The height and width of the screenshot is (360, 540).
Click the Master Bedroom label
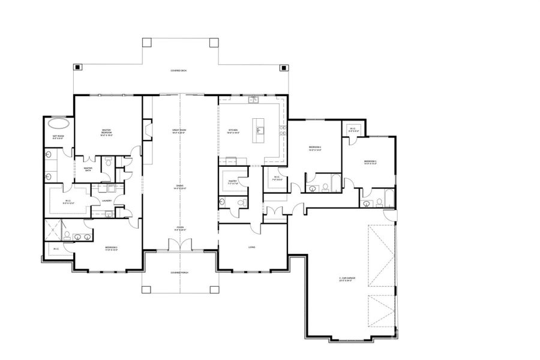click(x=107, y=131)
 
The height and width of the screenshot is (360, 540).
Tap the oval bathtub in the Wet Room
click(x=58, y=124)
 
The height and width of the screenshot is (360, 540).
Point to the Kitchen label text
click(x=233, y=131)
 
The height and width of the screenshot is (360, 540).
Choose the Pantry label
click(x=233, y=182)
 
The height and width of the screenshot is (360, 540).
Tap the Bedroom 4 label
click(x=315, y=148)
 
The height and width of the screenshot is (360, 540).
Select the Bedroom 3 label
click(x=370, y=162)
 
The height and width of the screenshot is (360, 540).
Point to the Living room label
click(x=253, y=247)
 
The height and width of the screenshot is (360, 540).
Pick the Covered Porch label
click(x=179, y=272)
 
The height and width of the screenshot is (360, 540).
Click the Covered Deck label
click(x=179, y=71)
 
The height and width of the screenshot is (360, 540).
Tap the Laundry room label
click(x=107, y=202)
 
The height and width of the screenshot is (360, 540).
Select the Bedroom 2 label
click(x=111, y=248)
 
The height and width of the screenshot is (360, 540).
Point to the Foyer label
click(x=179, y=228)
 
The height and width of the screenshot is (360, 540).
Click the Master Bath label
click(x=88, y=170)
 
